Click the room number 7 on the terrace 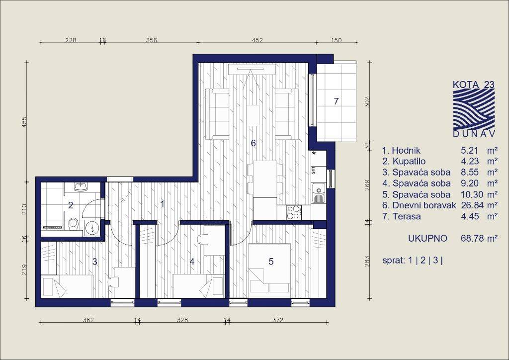pyautogui.click(x=337, y=101)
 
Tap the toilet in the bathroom pyautogui.click(x=74, y=224)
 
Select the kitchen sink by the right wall pyautogui.click(x=319, y=193)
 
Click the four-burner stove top pyautogui.click(x=294, y=212)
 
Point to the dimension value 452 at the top pyautogui.click(x=257, y=40)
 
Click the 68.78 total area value pyautogui.click(x=469, y=239)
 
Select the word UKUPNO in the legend pyautogui.click(x=427, y=239)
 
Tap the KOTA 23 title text pyautogui.click(x=474, y=85)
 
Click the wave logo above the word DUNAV pyautogui.click(x=474, y=109)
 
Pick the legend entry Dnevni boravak pyautogui.click(x=424, y=205)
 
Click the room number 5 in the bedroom pyautogui.click(x=271, y=262)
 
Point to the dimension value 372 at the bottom pyautogui.click(x=278, y=320)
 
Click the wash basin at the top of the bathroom pyautogui.click(x=80, y=186)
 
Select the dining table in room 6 pyautogui.click(x=265, y=179)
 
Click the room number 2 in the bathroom pyautogui.click(x=71, y=205)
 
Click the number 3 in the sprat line pyautogui.click(x=435, y=261)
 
